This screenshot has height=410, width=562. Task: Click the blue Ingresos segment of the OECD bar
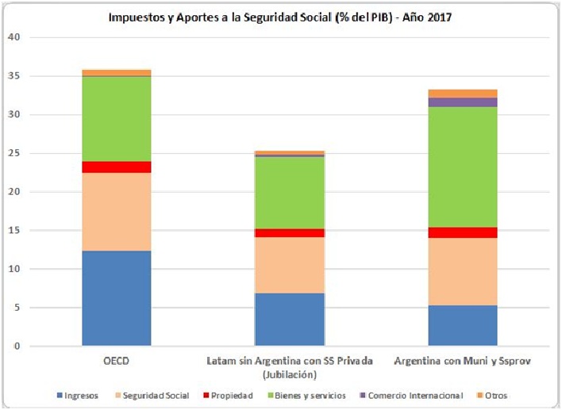point(117,299)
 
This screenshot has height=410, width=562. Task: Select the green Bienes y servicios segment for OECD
point(117,119)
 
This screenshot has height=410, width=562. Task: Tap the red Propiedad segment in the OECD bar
point(117,167)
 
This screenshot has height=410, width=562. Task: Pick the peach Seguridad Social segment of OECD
point(117,212)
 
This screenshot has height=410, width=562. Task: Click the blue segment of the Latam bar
point(290,320)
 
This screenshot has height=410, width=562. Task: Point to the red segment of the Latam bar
point(290,232)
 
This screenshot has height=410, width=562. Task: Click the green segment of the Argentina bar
point(463,167)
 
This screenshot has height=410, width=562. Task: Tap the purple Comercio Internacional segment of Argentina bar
point(463,102)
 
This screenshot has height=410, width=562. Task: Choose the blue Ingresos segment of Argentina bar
point(463,326)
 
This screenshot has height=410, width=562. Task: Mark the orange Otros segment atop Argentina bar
point(463,94)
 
